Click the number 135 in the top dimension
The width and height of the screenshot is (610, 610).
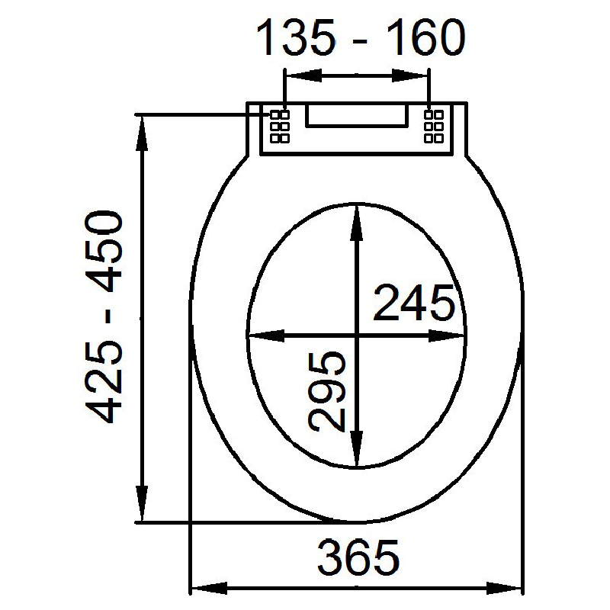pyautogui.click(x=296, y=38)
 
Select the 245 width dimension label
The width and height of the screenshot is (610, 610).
pyautogui.click(x=413, y=303)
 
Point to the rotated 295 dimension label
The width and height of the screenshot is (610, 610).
pyautogui.click(x=327, y=391)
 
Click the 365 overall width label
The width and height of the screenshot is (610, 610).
pyautogui.click(x=358, y=557)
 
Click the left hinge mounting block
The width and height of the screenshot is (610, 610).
pyautogui.click(x=280, y=127)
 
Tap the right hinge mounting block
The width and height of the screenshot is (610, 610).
pyautogui.click(x=434, y=127)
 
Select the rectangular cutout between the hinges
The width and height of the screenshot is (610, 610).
pyautogui.click(x=357, y=116)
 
